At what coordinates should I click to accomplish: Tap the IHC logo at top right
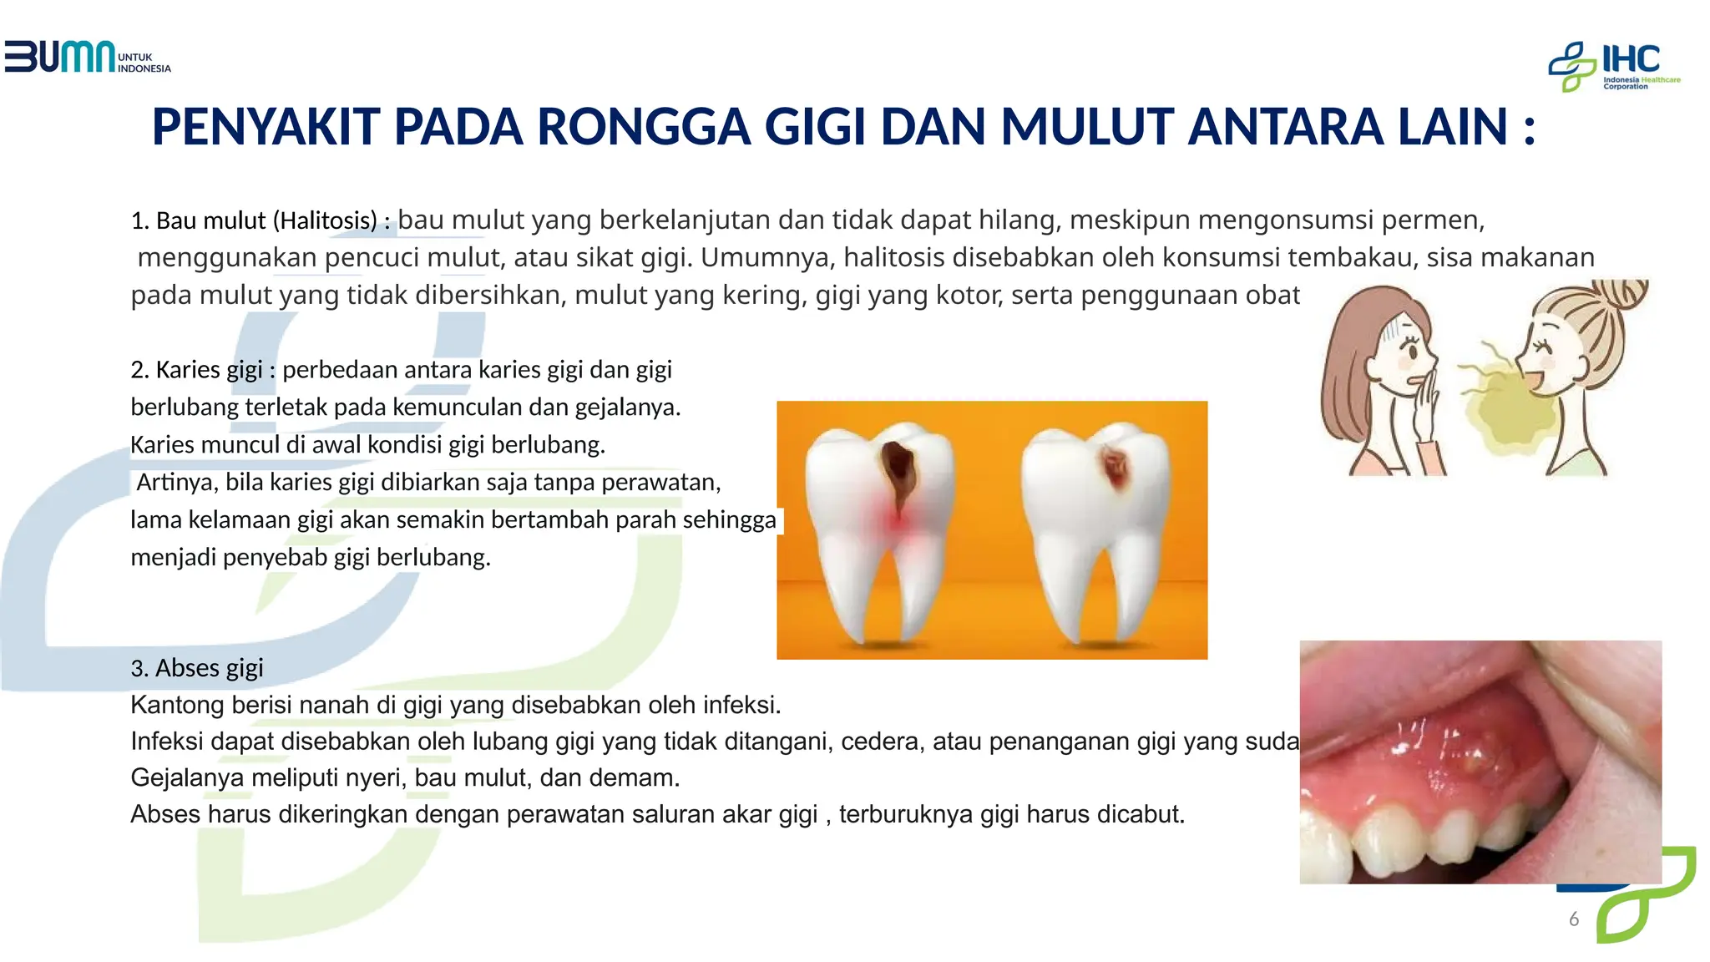pos(1613,66)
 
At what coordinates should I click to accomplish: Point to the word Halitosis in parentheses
pos(328,220)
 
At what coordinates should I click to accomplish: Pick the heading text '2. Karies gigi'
pos(196,369)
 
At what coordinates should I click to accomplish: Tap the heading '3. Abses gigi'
pos(197,667)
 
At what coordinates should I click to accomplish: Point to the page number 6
pos(1574,919)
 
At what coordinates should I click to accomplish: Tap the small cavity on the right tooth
pos(1115,468)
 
